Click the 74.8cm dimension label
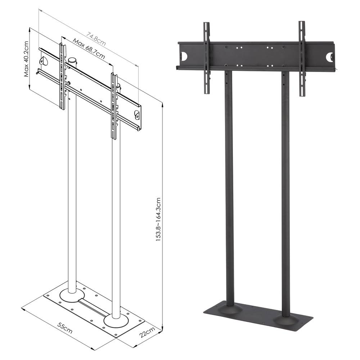coord(96,39)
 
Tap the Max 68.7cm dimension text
coord(89,49)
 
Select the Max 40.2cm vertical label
coord(26,59)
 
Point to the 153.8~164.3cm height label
coord(158,220)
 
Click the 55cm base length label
coord(65,328)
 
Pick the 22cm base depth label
coord(147,332)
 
